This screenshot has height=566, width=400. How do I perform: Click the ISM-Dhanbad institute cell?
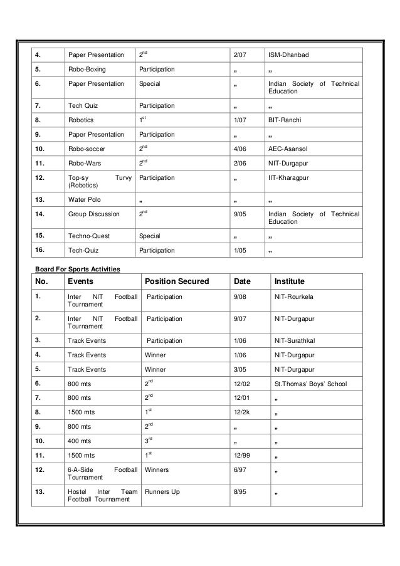pos(289,55)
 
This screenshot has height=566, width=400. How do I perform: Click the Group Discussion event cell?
pos(93,214)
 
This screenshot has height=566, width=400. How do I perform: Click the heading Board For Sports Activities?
pos(77,269)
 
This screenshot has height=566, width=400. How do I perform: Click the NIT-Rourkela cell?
pos(292,297)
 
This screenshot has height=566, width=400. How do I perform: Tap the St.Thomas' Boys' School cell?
pos(310,384)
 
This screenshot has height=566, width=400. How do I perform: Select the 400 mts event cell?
pos(79,441)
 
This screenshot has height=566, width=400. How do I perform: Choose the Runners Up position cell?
pos(162,492)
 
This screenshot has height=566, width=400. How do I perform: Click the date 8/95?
pos(239,492)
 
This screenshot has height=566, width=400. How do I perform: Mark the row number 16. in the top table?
pos(39,250)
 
